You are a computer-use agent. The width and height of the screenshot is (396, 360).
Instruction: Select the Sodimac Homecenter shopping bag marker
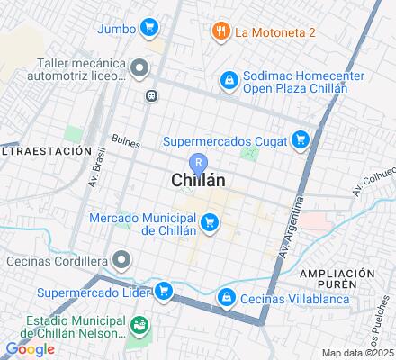229,82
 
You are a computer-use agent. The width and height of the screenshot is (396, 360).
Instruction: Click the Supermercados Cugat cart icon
301,140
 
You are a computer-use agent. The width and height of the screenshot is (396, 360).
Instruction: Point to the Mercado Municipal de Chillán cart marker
211,221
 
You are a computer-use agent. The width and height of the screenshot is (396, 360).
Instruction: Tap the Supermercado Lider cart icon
163,291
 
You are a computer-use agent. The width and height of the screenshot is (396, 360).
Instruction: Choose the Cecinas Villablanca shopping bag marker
227,296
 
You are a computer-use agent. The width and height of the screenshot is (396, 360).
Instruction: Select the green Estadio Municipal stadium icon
139,324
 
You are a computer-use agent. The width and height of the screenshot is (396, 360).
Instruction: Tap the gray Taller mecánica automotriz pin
139,67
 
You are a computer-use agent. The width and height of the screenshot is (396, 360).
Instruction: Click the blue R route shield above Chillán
199,163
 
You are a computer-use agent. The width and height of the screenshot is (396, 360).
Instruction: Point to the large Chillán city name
198,181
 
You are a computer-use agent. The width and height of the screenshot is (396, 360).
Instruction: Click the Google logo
30,348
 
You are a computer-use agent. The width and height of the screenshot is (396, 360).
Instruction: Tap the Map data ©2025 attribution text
357,352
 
